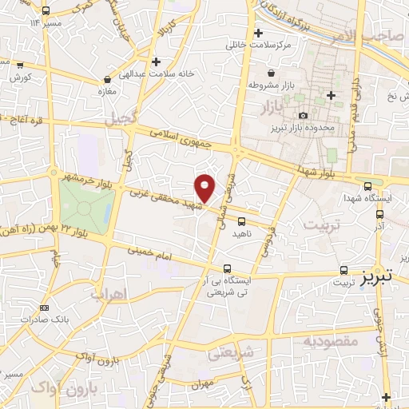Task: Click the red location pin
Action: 205,188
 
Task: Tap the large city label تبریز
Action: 375,278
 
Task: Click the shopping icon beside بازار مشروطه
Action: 272,73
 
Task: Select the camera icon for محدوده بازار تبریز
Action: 302,116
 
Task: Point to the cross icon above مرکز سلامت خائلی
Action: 258,34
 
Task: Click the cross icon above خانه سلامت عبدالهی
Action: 157,62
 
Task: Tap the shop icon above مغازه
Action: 107,80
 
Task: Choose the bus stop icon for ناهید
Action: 241,221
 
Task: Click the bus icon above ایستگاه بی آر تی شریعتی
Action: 228,268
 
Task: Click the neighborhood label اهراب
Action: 109,295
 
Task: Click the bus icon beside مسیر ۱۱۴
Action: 45,11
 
